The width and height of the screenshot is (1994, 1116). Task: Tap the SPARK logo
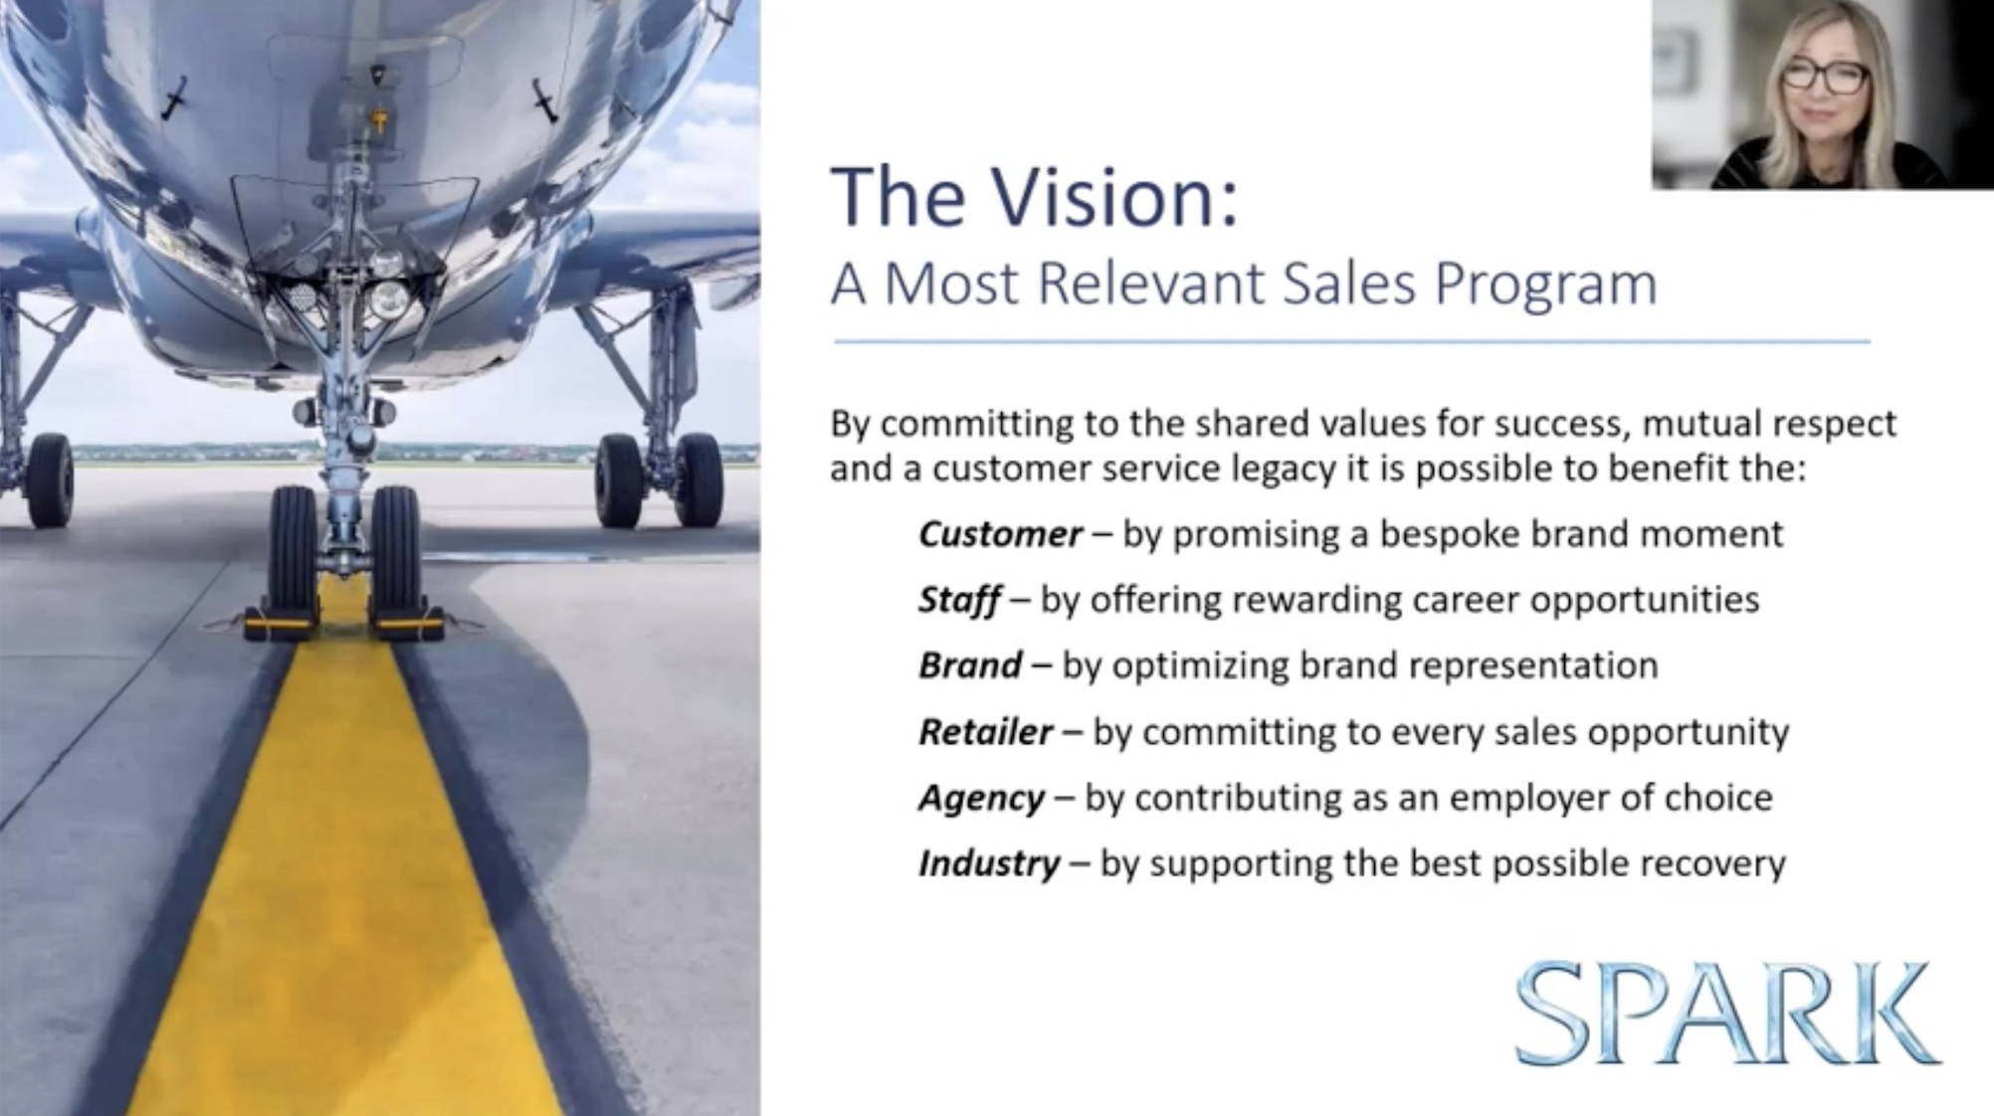tap(1727, 1014)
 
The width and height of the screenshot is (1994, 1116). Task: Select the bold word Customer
tap(1000, 534)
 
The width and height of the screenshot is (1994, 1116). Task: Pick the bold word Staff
tap(959, 600)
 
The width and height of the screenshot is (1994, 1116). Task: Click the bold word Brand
tap(970, 665)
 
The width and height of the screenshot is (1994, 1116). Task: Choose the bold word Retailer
tap(985, 732)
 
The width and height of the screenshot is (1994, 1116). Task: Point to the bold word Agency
tap(981, 799)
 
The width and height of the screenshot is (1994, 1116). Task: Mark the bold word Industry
tap(989, 863)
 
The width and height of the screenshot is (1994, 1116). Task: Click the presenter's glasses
tap(1825, 75)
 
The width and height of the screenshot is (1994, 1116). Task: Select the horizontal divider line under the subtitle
tap(1351, 341)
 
